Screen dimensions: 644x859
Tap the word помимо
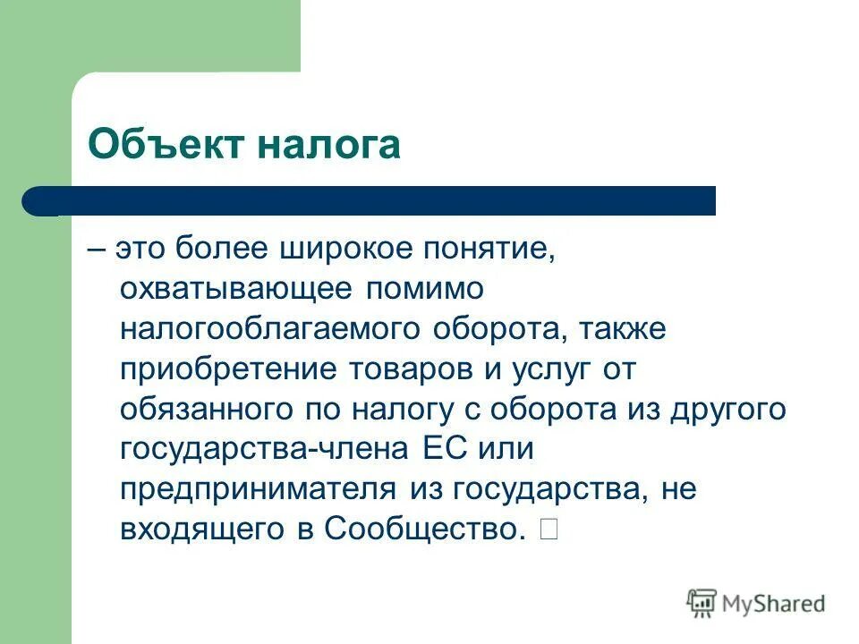[424, 289]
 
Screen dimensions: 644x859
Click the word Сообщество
[424, 530]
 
